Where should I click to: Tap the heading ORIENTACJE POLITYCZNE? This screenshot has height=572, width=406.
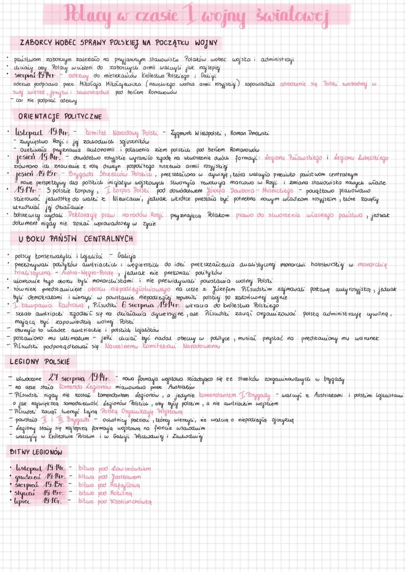pyautogui.click(x=60, y=117)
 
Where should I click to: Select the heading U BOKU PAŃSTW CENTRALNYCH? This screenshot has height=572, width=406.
pyautogui.click(x=76, y=239)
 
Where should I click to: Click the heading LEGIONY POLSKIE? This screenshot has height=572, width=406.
pyautogui.click(x=40, y=362)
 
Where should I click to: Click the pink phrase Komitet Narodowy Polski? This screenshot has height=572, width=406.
pyautogui.click(x=119, y=133)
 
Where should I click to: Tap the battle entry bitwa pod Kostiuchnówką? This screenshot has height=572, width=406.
pyautogui.click(x=115, y=501)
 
